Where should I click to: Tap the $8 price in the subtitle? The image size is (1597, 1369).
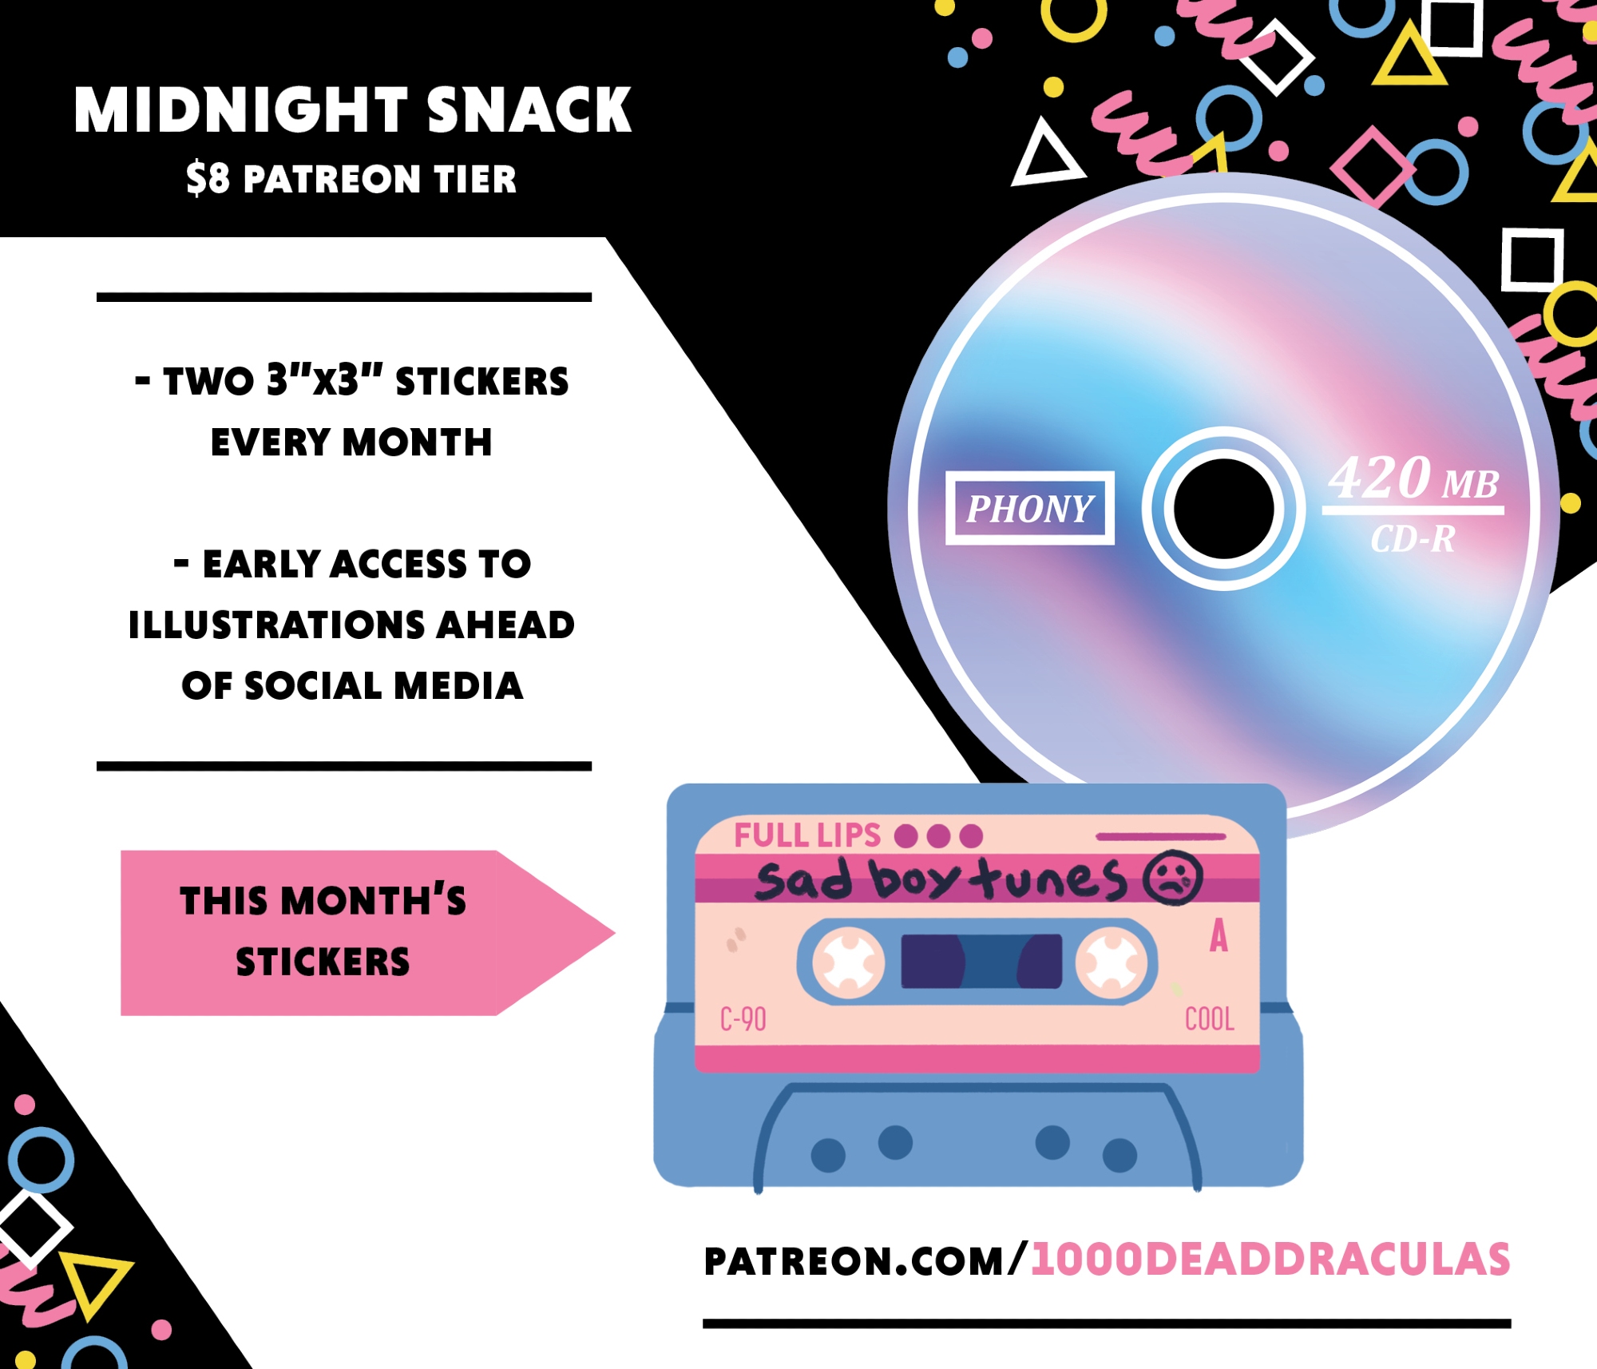point(208,178)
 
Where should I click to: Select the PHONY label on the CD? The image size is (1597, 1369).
point(1029,508)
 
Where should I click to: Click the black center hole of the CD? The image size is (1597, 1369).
point(1223,509)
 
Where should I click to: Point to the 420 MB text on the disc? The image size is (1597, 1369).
point(1413,478)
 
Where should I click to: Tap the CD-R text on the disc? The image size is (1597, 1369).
point(1413,539)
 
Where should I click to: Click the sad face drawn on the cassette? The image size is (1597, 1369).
point(1172,879)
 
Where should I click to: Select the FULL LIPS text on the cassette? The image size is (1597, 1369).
point(807,835)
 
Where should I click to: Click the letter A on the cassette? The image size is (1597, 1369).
point(1219,935)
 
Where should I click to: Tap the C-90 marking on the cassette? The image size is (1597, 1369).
point(743,1019)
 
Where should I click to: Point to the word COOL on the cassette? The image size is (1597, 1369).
point(1210,1019)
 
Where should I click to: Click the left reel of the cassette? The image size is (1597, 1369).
point(849,962)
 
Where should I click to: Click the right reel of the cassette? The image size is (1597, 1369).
point(1111,962)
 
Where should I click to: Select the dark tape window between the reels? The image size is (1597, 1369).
point(981,961)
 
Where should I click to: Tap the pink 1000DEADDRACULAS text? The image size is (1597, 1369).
point(1270,1260)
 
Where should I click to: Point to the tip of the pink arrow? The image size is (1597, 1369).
point(615,933)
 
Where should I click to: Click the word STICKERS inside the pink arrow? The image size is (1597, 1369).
point(323,962)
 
